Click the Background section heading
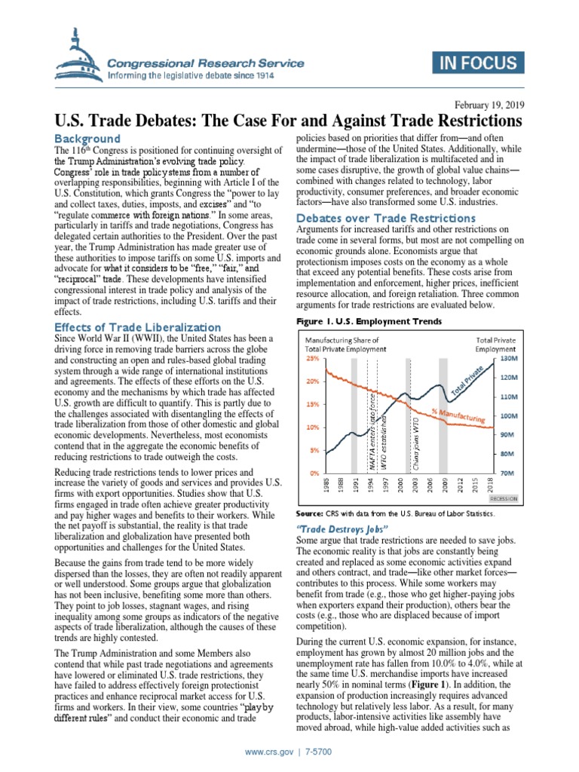tap(87, 139)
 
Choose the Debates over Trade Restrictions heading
tap(370, 218)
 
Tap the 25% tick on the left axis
tap(311, 359)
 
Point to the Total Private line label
tap(468, 384)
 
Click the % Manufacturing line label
tap(458, 415)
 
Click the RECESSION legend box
tap(502, 498)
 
